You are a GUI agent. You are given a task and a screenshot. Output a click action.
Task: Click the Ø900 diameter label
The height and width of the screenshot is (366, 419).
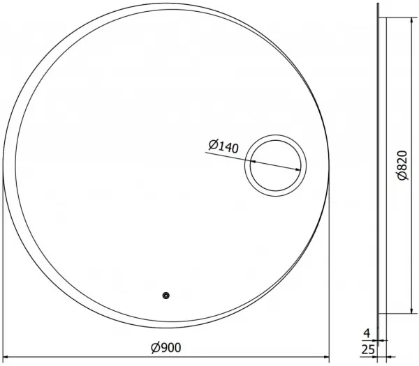pos(166,347)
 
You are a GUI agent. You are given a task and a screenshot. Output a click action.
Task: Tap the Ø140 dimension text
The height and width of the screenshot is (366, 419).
pos(223,146)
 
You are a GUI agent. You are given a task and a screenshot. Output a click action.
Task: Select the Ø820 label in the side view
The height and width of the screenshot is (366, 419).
pos(402,165)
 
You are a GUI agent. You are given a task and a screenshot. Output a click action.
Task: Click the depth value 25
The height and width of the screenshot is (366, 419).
pos(368,350)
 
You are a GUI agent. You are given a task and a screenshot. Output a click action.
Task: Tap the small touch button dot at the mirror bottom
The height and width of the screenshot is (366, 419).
pos(166,296)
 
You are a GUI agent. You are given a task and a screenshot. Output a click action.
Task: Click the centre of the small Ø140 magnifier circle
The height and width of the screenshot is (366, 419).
pos(276,165)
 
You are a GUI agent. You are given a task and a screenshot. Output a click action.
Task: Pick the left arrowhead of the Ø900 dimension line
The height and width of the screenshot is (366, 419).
pos(5,357)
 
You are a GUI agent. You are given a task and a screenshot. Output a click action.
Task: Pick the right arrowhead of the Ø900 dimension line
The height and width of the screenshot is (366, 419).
pos(327,357)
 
